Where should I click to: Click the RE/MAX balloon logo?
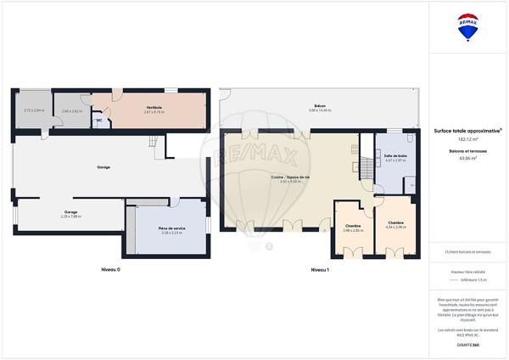pos(467,27)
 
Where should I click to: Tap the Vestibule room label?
pos(154,107)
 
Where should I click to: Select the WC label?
pos(99,121)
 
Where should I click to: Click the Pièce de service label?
pos(172,228)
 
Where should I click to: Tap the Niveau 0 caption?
pos(111,268)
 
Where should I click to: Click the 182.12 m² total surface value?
pos(467,138)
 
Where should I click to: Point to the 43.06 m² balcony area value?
pos(467,158)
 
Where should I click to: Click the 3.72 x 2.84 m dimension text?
pos(31,111)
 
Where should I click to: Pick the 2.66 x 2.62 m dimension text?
pos(71,111)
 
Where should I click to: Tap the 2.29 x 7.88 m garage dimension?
pos(70,216)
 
